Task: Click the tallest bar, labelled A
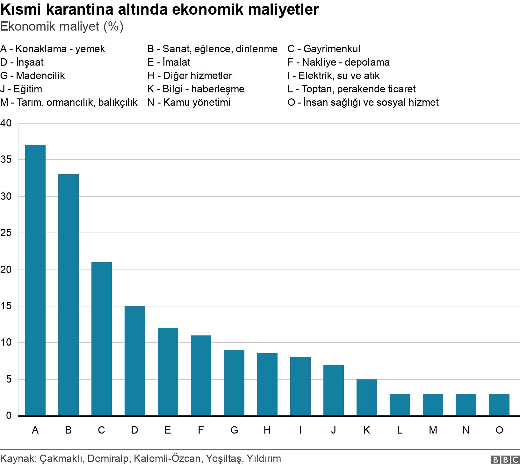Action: (35, 280)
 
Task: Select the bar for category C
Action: (101, 339)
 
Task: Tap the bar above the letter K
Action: (366, 398)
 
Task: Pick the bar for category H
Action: (267, 384)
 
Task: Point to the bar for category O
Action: (499, 405)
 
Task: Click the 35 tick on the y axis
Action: (6, 160)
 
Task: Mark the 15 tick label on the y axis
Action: (6, 306)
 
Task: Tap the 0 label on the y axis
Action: (9, 416)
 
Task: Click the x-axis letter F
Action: (201, 430)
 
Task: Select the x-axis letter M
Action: (433, 430)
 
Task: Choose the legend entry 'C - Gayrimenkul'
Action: (324, 49)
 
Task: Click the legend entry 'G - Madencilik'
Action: (32, 75)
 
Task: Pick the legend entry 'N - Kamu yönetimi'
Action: (189, 102)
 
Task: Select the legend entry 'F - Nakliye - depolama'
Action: (338, 62)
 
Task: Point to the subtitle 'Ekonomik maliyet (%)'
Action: (62, 27)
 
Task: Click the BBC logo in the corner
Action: (505, 459)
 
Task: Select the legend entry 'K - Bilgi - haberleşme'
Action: (196, 89)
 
